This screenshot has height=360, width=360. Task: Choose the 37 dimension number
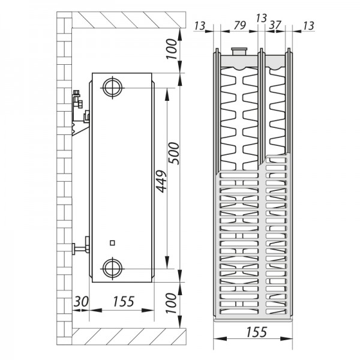pos(275,25)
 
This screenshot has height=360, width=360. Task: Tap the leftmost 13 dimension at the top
pos(202,25)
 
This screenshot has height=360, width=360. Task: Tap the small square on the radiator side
pos(112,242)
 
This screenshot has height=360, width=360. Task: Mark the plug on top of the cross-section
pos(239,52)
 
